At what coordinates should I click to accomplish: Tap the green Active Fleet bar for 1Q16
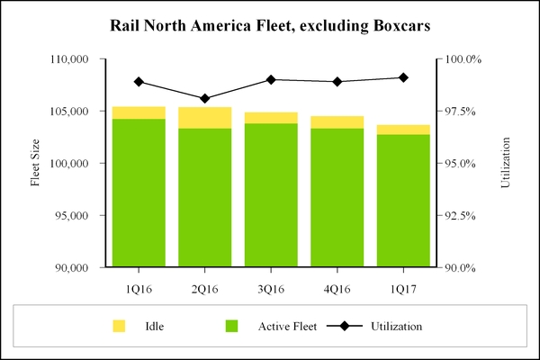point(139,193)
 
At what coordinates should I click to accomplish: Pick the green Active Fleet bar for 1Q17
point(403,201)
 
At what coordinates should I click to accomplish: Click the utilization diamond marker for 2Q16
point(204,98)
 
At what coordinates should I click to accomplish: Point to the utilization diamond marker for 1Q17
point(403,77)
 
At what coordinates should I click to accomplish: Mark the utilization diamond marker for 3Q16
point(271,80)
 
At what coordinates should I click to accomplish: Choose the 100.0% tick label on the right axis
point(460,59)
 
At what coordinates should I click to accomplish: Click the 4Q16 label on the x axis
point(337,289)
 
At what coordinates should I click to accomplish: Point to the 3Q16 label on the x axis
point(271,289)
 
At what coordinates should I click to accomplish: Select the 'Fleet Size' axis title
point(35,163)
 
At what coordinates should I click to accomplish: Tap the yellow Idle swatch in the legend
point(118,326)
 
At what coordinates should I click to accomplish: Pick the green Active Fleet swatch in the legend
point(232,326)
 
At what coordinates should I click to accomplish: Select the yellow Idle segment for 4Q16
point(337,122)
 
